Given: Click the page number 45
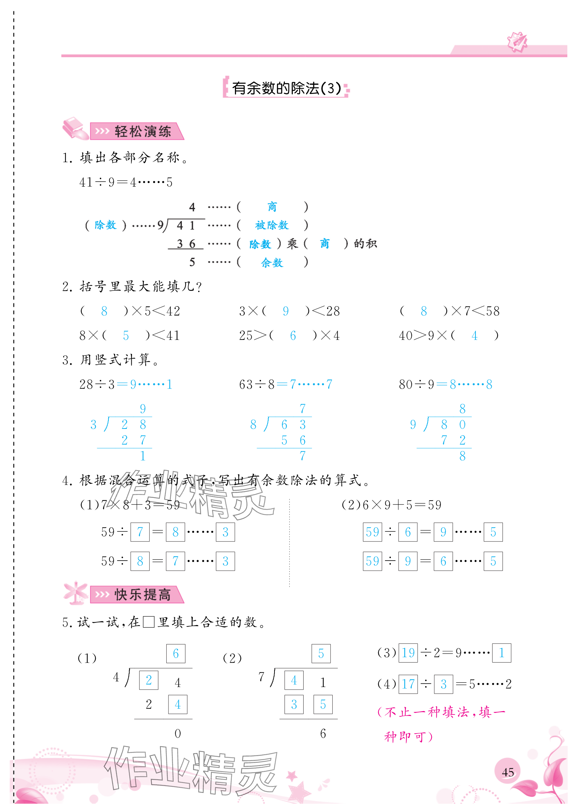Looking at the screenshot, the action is [507, 772].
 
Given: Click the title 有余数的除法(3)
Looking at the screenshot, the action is [286, 88].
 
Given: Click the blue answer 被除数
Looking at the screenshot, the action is [271, 225].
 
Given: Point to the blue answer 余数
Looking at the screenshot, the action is [272, 262].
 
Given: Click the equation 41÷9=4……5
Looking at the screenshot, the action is [126, 182].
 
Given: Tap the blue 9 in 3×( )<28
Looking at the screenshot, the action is [286, 311].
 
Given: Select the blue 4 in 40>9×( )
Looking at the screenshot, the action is [474, 335].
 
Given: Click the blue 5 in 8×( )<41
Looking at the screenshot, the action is [126, 335].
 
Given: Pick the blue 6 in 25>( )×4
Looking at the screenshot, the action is [293, 335].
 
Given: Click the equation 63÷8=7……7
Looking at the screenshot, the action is [286, 384].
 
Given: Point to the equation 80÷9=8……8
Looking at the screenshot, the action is [445, 384].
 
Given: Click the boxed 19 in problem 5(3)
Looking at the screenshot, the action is [408, 652].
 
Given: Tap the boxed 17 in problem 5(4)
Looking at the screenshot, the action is [408, 684].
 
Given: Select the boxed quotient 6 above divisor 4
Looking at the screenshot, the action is [176, 653].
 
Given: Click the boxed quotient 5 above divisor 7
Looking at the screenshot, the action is [321, 653].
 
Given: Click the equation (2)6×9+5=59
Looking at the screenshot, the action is [391, 505].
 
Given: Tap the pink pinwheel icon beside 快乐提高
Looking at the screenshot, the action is [75, 593].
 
